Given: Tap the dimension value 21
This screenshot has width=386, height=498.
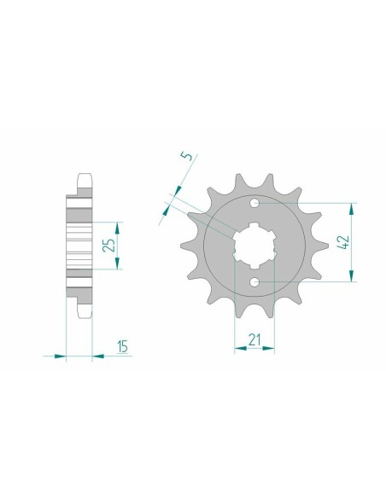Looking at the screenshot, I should pyautogui.click(x=254, y=341).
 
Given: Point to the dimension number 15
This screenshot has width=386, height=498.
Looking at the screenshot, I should pyautogui.click(x=123, y=345).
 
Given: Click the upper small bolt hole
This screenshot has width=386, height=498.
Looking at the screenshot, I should pyautogui.click(x=254, y=203).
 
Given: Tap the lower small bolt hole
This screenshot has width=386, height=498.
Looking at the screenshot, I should pyautogui.click(x=254, y=281).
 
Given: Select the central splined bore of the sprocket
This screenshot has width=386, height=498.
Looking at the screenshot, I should pyautogui.click(x=254, y=242).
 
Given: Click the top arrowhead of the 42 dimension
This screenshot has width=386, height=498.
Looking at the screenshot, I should pyautogui.click(x=350, y=207).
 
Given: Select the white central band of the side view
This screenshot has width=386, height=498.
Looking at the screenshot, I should pyautogui.click(x=79, y=242).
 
